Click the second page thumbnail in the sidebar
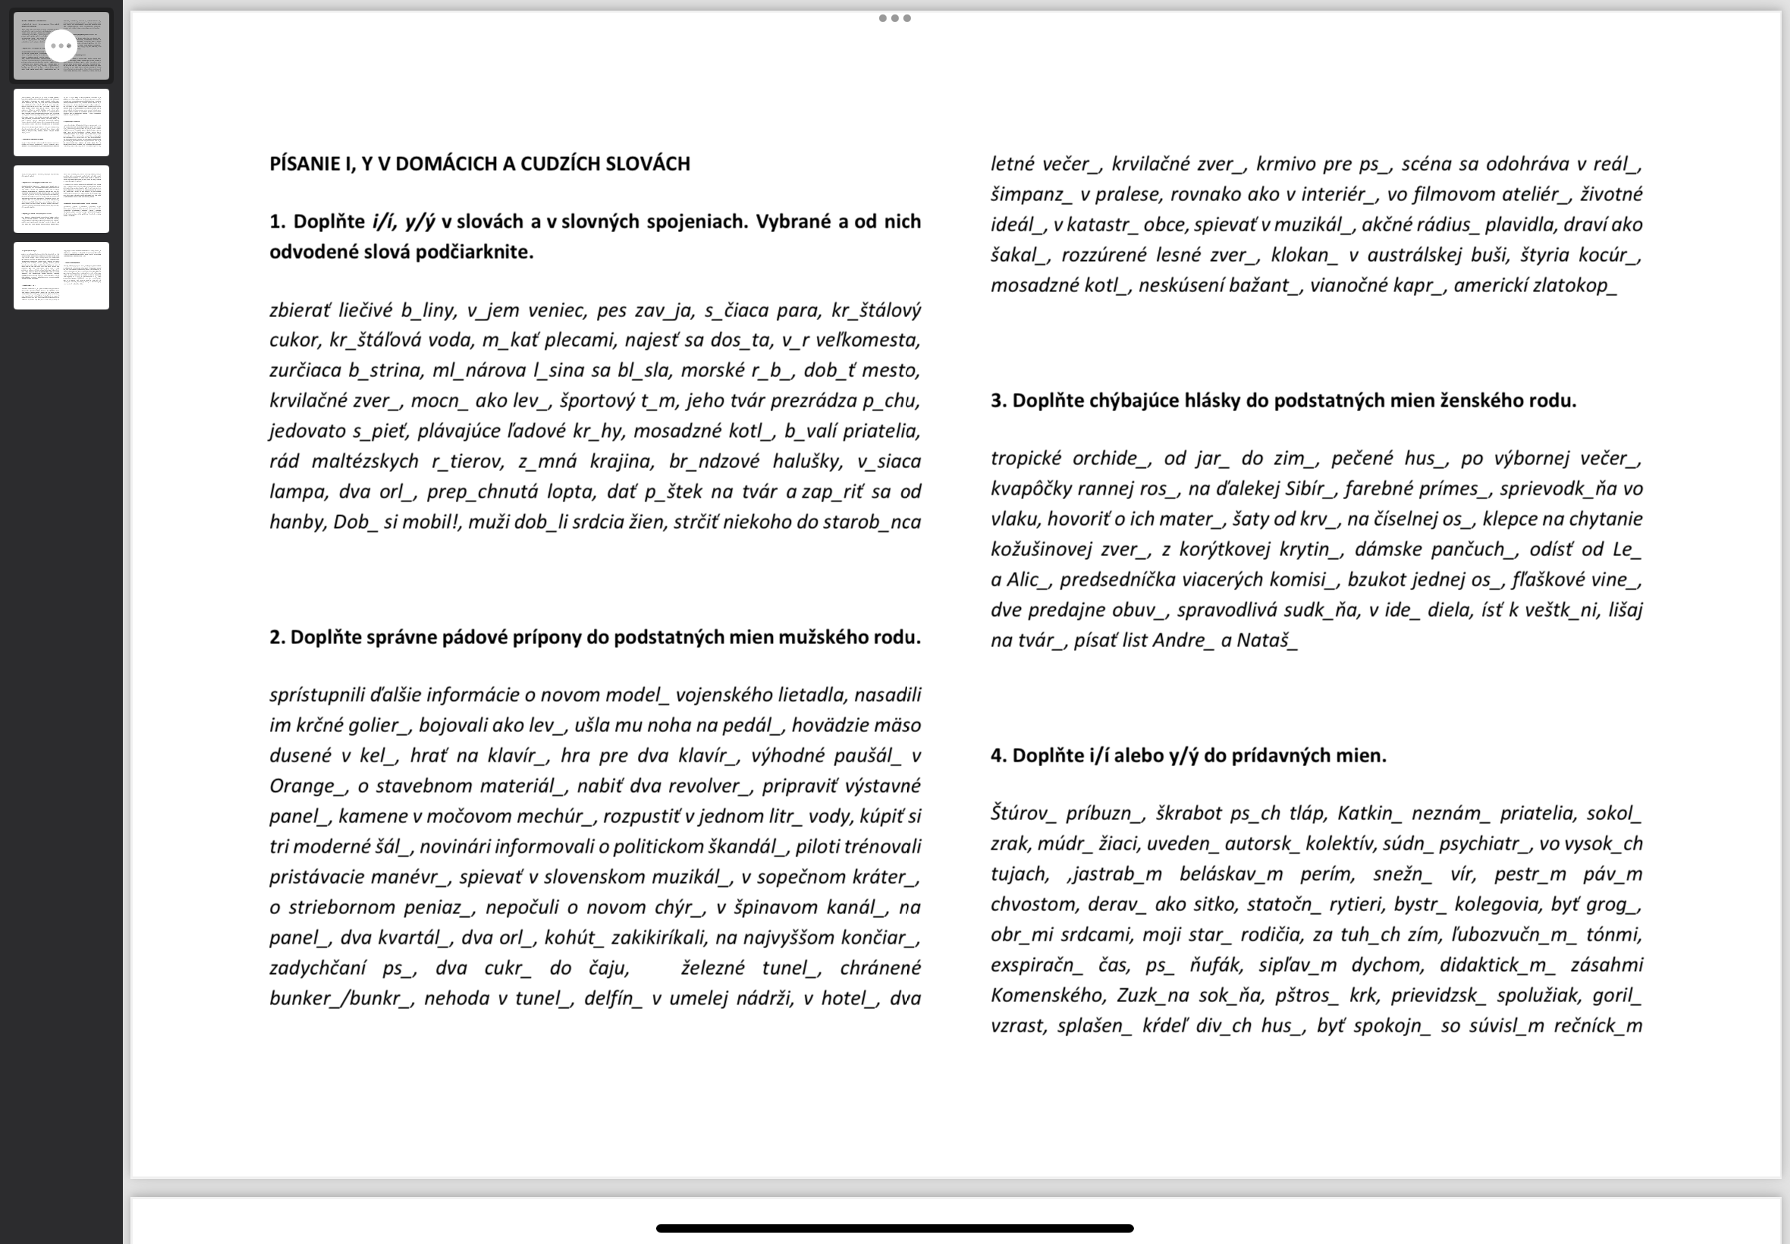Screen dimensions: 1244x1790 click(61, 122)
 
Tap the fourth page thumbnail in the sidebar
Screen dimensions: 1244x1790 click(61, 275)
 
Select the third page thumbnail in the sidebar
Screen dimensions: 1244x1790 click(61, 199)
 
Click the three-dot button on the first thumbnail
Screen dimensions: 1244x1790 click(61, 46)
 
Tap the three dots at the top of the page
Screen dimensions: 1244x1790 click(894, 18)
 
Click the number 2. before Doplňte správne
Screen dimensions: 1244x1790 click(278, 638)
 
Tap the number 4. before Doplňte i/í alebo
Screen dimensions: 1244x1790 click(998, 756)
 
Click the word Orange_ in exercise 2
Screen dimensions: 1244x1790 click(308, 786)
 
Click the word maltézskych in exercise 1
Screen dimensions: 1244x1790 click(365, 461)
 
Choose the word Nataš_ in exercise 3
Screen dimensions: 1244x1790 click(1267, 641)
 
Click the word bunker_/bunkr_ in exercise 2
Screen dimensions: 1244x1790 click(341, 998)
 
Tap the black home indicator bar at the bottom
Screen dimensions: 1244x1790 click(894, 1228)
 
